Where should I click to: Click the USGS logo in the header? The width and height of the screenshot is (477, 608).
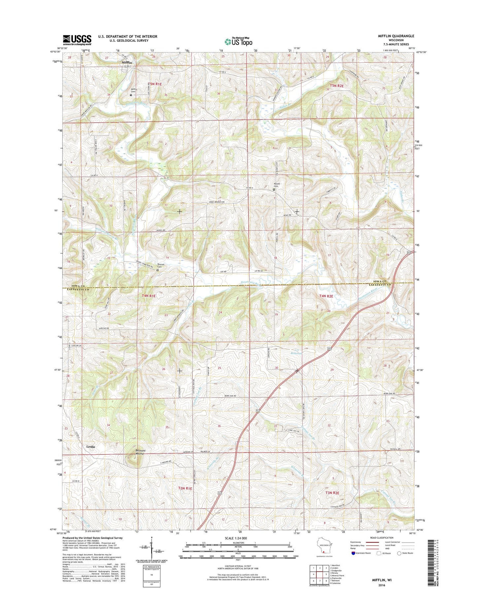pos(77,40)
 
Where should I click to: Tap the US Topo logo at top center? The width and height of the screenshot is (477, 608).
pos(238,41)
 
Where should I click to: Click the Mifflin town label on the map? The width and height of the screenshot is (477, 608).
pos(127,62)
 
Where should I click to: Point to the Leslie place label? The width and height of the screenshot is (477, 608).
pos(91,447)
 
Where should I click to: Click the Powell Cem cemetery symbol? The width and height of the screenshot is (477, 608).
pos(274,189)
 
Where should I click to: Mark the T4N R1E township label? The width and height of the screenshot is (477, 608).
pos(149,296)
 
